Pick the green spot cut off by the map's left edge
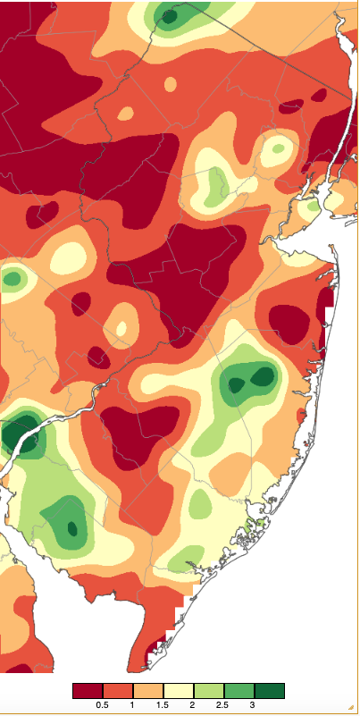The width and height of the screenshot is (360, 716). (11, 279)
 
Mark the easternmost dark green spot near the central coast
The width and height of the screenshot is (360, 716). (263, 376)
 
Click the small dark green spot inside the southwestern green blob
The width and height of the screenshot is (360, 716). (72, 527)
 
